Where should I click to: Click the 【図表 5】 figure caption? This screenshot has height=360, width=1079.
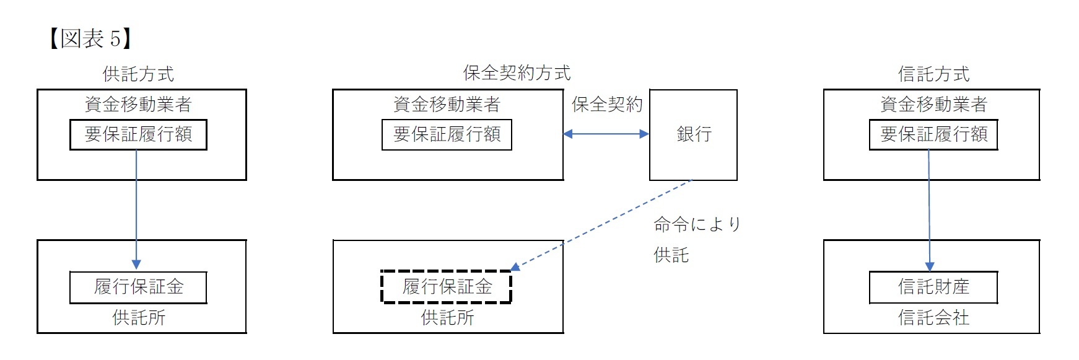89,39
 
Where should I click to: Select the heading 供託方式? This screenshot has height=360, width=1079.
138,74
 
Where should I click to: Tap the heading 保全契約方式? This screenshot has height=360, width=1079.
517,73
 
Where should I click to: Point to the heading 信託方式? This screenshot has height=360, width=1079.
933,74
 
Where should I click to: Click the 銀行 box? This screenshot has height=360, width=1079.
693,134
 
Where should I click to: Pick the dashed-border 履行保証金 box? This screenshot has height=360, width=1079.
447,287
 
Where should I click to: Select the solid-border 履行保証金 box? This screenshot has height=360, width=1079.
138,287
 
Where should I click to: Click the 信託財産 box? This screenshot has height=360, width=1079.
933,287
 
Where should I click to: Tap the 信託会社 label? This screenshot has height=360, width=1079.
933,318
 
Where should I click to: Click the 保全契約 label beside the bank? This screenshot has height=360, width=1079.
607,104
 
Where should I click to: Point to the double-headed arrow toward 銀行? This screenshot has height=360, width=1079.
606,134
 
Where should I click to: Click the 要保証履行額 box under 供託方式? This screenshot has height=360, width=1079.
138,134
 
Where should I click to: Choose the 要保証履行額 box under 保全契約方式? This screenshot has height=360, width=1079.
447,134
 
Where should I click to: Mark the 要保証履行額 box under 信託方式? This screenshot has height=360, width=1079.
933,134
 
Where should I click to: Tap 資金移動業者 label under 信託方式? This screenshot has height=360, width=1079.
933,104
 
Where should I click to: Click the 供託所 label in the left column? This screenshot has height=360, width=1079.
138,318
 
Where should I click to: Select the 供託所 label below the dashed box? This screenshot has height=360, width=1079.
447,318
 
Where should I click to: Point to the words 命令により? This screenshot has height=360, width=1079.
697,224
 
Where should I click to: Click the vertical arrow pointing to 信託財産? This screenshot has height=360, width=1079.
929,211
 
